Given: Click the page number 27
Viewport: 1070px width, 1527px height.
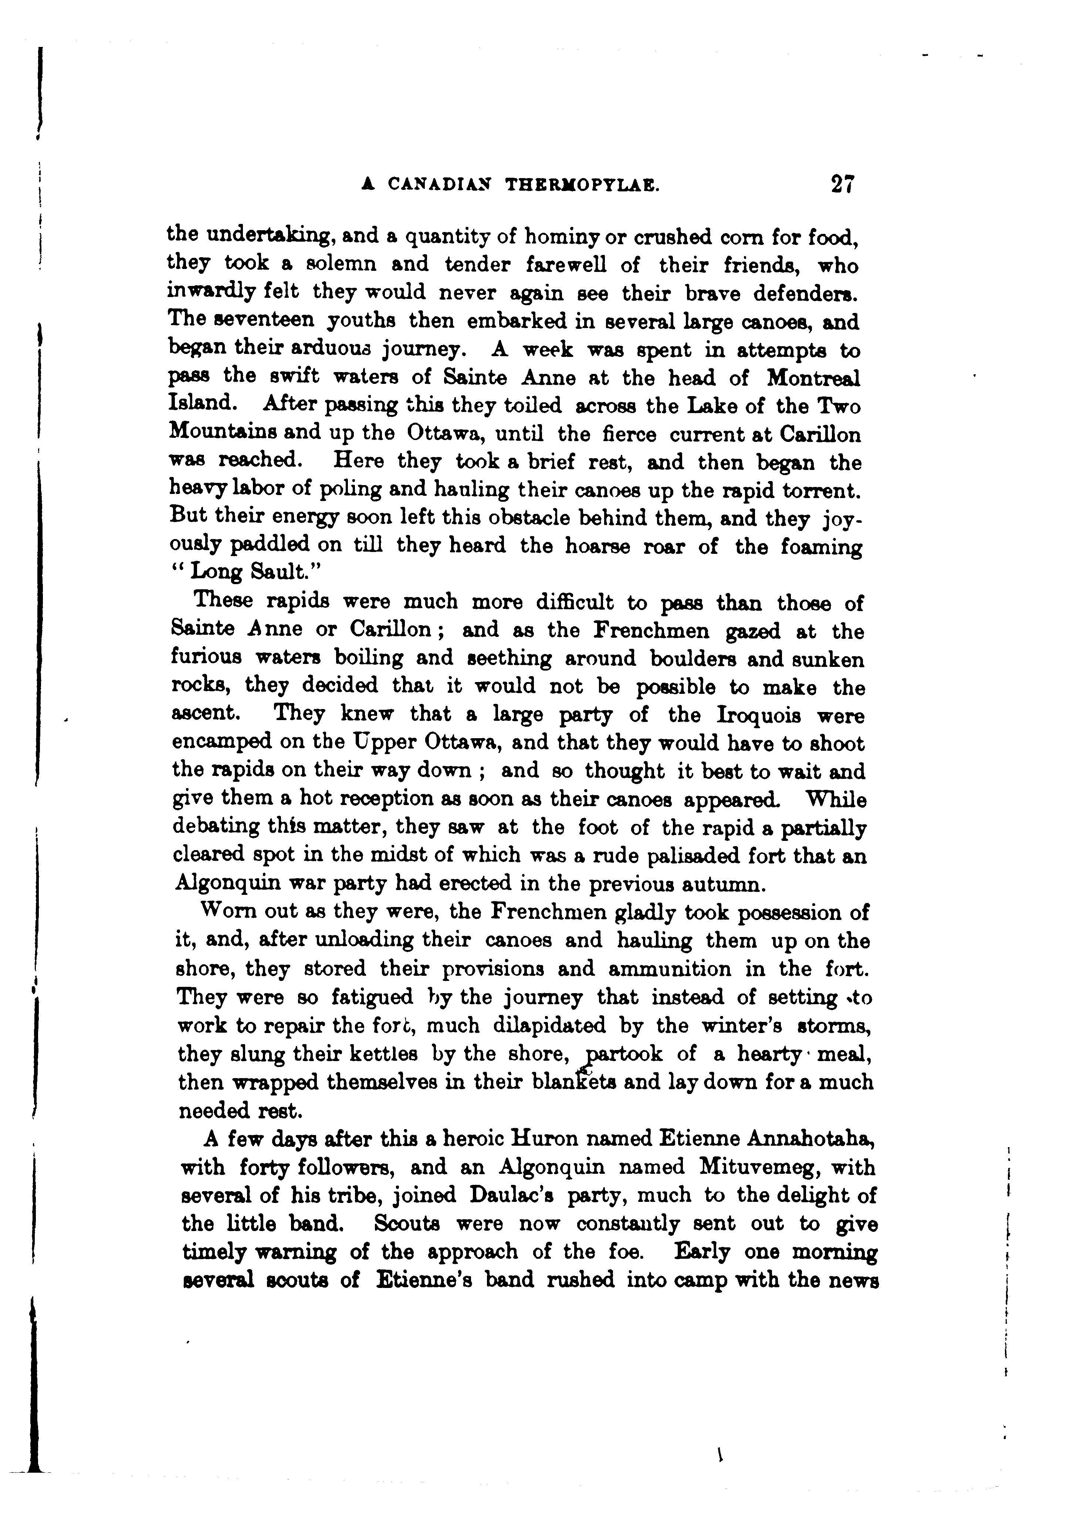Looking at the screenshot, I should click(842, 184).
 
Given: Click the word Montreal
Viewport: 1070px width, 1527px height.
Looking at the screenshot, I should click(813, 378).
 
